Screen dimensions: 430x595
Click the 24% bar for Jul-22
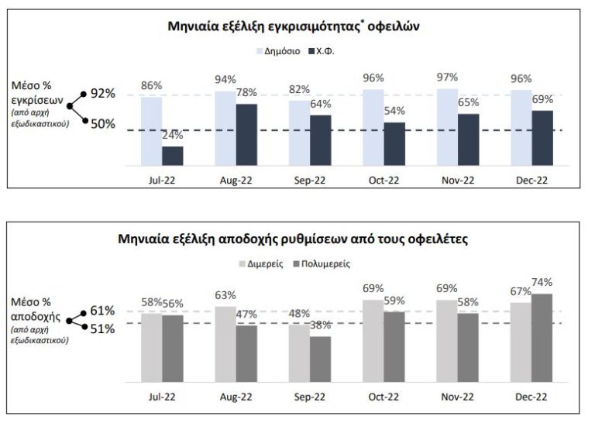click(173, 157)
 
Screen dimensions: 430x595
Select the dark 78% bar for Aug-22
click(246, 135)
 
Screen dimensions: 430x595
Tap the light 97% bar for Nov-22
click(447, 127)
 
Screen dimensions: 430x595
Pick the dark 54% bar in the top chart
click(394, 144)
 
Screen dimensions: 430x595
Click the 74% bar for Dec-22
click(542, 338)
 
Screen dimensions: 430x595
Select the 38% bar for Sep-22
click(320, 359)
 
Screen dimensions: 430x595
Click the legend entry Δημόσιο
click(279, 51)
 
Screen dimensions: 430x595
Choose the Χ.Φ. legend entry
click(328, 51)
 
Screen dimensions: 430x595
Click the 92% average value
click(102, 93)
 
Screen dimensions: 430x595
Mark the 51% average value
click(102, 329)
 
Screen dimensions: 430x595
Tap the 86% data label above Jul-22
click(151, 85)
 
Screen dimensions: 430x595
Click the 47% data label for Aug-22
click(246, 315)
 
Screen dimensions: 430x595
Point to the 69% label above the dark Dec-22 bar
click(542, 99)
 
